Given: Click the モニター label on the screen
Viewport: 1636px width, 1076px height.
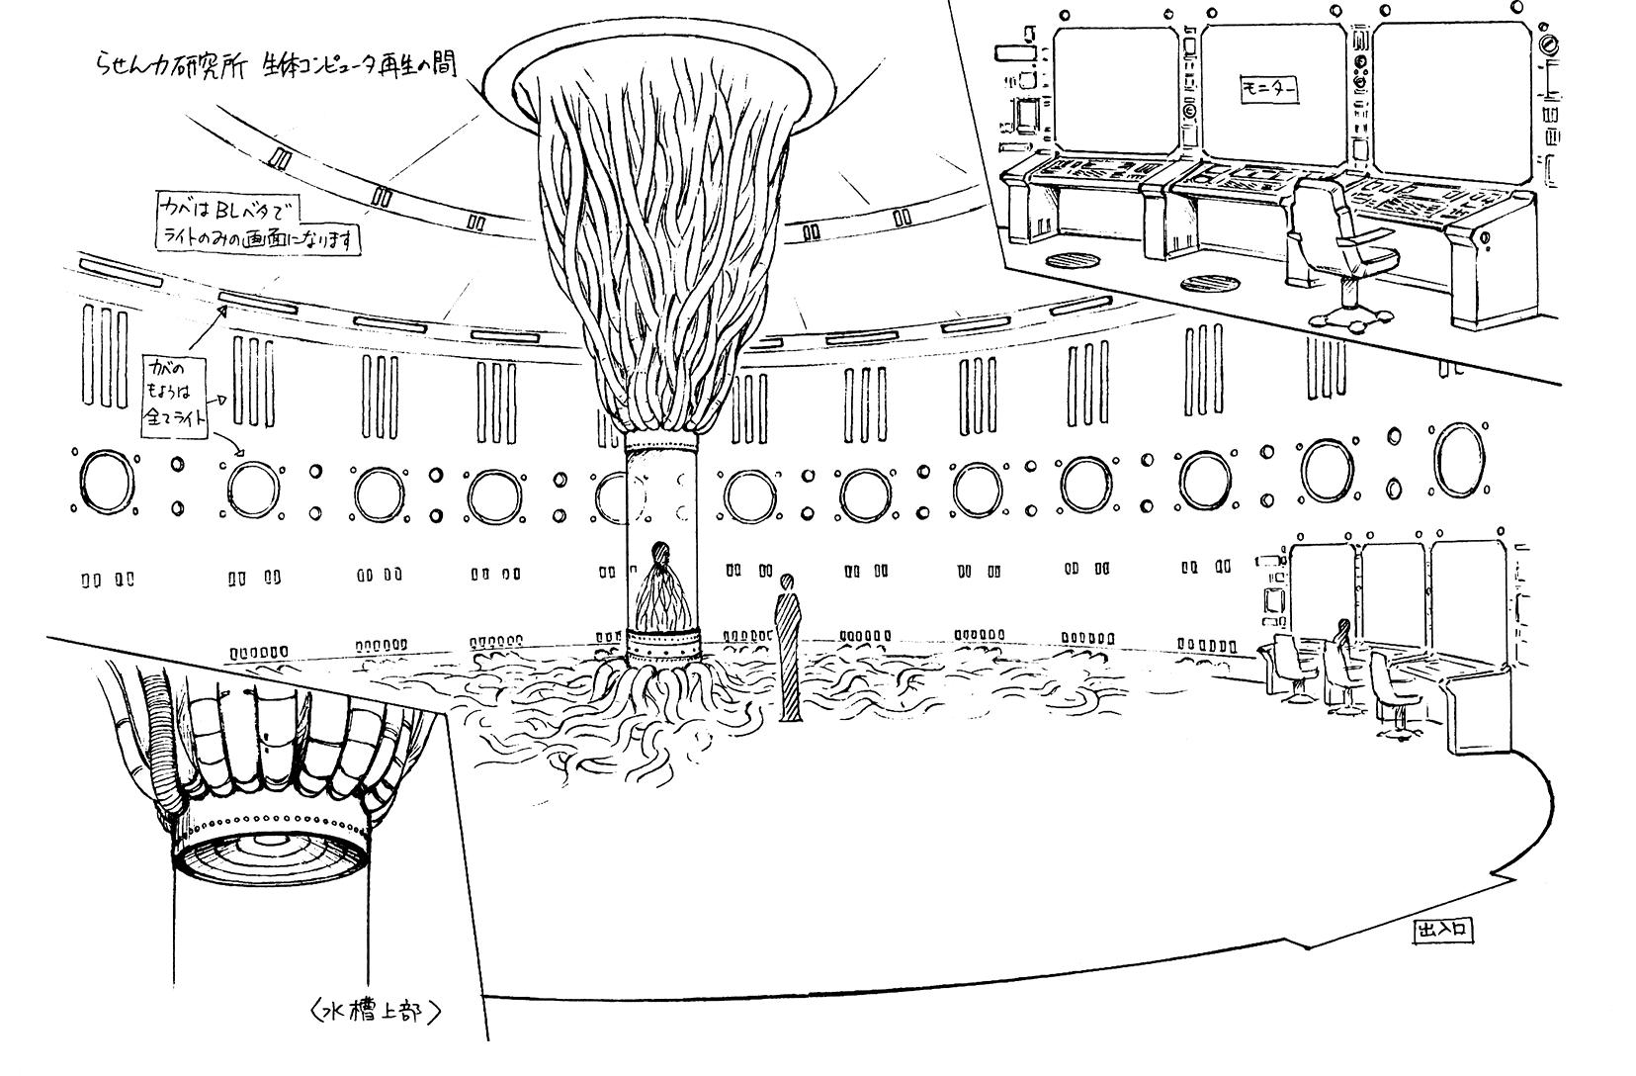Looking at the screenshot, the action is tap(1269, 92).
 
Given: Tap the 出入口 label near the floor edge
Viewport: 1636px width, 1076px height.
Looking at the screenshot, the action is tap(1444, 930).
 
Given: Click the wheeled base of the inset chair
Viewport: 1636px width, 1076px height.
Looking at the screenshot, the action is tap(1350, 314).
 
